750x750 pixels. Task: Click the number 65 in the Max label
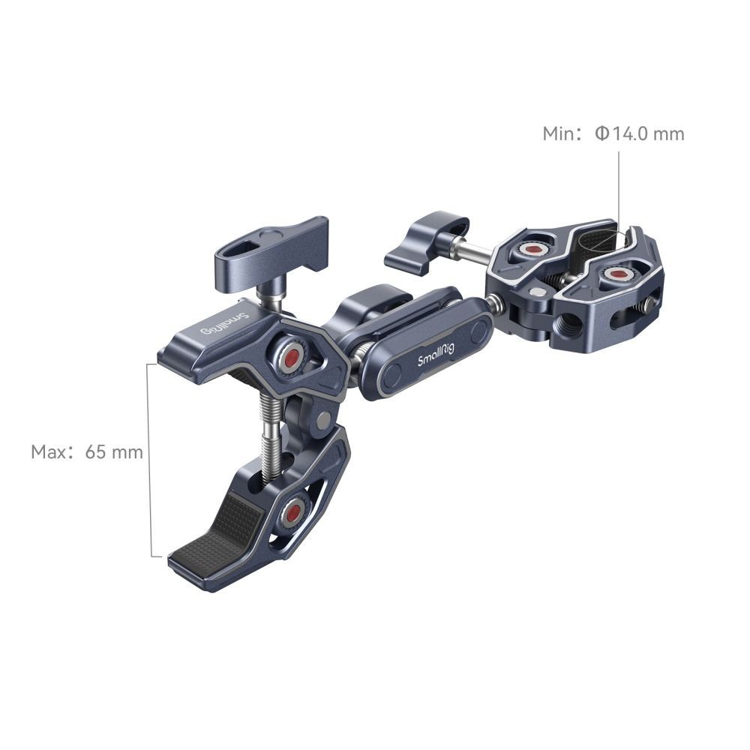pos(96,452)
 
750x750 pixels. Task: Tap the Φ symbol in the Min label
pos(603,133)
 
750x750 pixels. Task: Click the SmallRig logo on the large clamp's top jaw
pos(224,324)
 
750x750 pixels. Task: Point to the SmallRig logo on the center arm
pos(436,355)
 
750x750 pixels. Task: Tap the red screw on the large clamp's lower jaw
pos(292,513)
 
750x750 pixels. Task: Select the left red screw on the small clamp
pos(530,249)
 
